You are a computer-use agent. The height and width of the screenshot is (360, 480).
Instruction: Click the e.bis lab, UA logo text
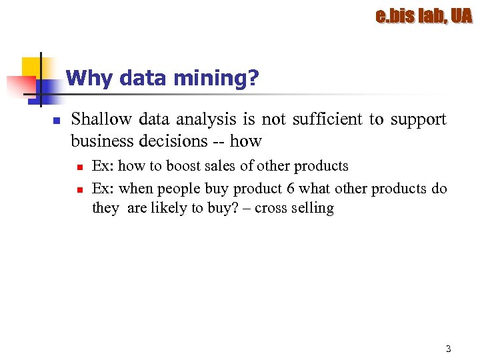click(x=423, y=16)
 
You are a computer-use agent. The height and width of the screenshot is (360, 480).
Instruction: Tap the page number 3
click(x=448, y=349)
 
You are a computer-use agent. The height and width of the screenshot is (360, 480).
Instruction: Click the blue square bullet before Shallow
click(x=57, y=121)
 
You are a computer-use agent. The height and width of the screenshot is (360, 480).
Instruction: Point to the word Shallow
click(x=101, y=119)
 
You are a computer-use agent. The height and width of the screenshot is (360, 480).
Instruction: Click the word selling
click(x=313, y=208)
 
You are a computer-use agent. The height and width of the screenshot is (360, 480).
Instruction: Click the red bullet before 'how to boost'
click(x=79, y=167)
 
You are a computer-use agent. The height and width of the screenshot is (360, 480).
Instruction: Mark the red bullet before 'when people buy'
click(x=79, y=189)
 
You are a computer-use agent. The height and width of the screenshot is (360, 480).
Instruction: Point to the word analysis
click(x=205, y=119)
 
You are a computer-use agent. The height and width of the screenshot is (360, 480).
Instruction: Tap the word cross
click(x=270, y=208)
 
